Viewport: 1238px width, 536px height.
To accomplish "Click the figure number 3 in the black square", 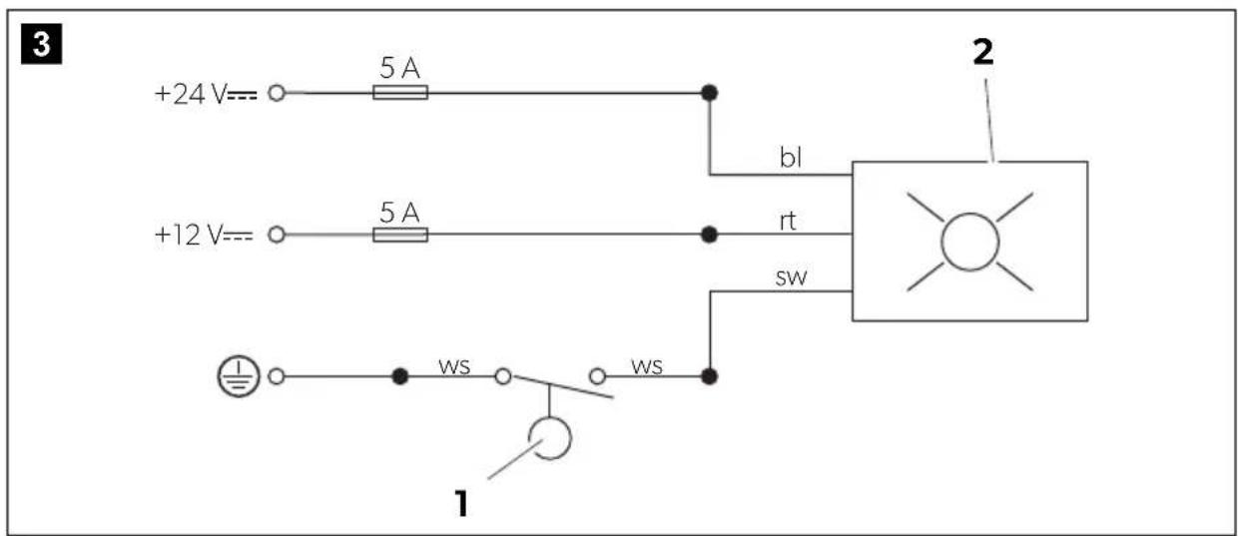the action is click(42, 44).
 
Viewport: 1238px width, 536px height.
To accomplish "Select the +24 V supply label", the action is click(206, 94).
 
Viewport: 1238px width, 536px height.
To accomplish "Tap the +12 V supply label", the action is click(204, 235).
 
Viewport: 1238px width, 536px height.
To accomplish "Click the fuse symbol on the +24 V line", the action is click(400, 92).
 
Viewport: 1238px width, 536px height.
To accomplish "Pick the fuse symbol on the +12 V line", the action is click(400, 235).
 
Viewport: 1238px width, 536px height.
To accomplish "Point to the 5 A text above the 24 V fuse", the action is click(399, 68).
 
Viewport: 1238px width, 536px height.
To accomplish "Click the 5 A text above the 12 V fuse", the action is click(399, 213).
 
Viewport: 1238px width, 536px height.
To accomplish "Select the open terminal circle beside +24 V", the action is click(277, 93).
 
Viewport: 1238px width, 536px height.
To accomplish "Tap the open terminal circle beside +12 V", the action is click(277, 235).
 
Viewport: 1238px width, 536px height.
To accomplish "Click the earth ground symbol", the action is click(239, 376).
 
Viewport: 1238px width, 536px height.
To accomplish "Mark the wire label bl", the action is click(791, 158).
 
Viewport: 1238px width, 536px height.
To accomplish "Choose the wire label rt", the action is click(787, 221).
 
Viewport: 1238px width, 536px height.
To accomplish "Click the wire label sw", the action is click(791, 277).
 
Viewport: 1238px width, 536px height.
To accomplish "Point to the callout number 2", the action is click(982, 53).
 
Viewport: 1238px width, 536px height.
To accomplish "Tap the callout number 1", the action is click(461, 503).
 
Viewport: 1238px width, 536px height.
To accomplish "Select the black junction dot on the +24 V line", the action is click(709, 93).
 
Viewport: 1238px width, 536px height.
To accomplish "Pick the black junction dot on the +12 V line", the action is click(709, 235).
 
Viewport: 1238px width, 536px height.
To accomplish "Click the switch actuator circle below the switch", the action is click(570, 439).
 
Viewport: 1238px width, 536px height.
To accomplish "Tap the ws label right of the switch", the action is click(647, 366).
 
